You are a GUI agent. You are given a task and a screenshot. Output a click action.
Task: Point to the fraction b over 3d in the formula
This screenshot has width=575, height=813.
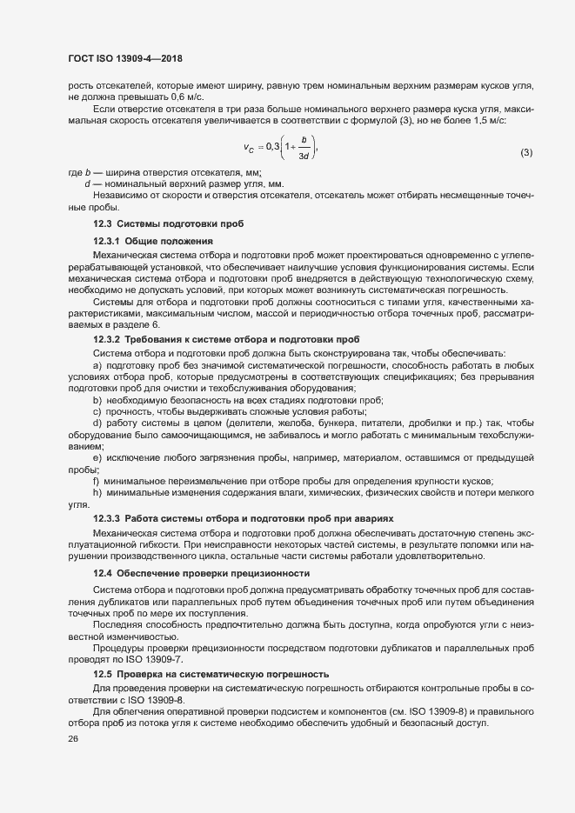pyautogui.click(x=304, y=147)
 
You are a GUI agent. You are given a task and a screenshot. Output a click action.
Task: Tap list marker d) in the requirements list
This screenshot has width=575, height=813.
pyautogui.click(x=97, y=423)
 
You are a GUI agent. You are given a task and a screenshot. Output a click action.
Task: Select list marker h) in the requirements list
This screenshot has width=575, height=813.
pyautogui.click(x=97, y=493)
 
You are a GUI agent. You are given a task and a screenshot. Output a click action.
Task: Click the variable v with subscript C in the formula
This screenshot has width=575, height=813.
pyautogui.click(x=249, y=148)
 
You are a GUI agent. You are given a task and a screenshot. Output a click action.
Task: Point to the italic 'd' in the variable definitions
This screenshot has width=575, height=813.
pyautogui.click(x=87, y=185)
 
